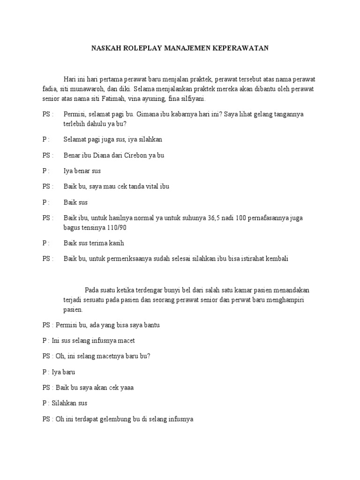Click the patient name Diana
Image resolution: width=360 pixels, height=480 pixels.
(102, 155)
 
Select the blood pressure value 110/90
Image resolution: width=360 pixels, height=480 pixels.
(116, 228)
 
